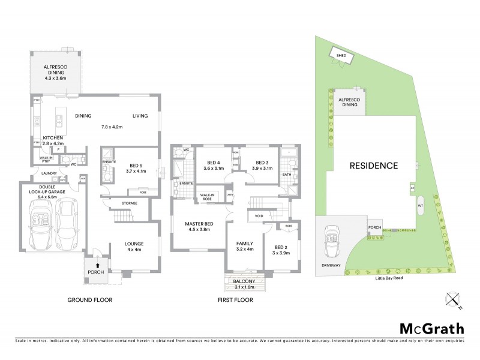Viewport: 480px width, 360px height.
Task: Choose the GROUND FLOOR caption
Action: (x=90, y=299)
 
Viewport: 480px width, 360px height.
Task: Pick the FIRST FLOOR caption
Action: (x=235, y=299)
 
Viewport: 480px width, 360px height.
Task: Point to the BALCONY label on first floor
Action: (x=244, y=281)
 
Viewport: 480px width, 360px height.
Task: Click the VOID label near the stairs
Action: (x=259, y=215)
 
